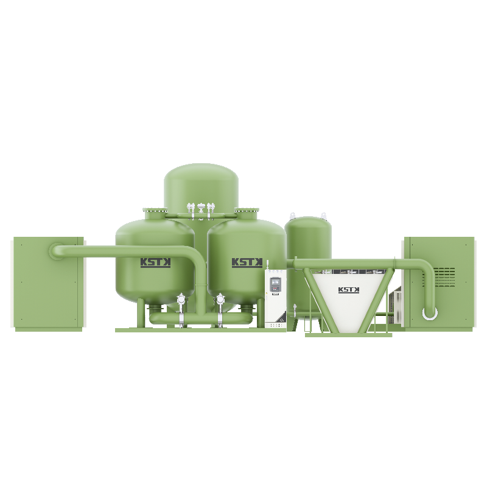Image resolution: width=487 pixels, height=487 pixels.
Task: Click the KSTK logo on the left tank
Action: (x=155, y=262)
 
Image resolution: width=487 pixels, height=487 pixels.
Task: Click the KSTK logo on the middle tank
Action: (x=247, y=262)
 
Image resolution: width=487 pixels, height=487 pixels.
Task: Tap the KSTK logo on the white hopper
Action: (x=349, y=290)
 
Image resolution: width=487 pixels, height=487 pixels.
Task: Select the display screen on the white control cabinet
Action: (x=276, y=284)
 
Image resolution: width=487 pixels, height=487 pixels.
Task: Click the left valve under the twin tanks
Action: (x=181, y=303)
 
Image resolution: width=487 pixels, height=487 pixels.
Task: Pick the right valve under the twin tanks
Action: (x=220, y=303)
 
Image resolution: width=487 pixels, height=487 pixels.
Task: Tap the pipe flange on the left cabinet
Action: (x=54, y=250)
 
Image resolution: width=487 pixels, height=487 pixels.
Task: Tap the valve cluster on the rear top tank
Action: (x=201, y=208)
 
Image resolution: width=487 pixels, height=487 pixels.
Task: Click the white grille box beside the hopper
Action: (x=397, y=301)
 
